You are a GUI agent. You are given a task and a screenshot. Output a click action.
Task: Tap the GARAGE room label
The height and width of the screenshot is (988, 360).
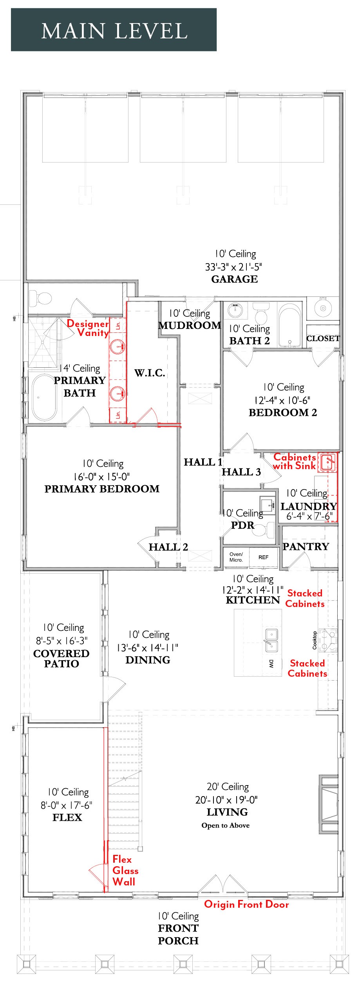(x=235, y=279)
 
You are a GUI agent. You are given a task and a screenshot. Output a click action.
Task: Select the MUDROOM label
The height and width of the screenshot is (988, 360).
(x=190, y=325)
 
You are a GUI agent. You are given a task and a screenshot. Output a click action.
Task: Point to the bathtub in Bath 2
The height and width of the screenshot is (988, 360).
(x=290, y=325)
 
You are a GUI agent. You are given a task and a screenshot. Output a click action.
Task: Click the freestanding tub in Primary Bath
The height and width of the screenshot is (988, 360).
(x=44, y=397)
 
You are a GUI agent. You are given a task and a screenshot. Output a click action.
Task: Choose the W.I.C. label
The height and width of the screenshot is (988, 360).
(x=150, y=373)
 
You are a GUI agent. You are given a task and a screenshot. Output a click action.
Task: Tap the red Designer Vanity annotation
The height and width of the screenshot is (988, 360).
(x=88, y=328)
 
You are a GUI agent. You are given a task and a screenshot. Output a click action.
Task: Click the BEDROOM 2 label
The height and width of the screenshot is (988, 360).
(x=283, y=412)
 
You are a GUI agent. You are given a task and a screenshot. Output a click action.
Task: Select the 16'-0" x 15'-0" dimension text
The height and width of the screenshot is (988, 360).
(x=101, y=477)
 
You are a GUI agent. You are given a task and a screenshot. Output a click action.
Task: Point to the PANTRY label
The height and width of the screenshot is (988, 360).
(x=306, y=546)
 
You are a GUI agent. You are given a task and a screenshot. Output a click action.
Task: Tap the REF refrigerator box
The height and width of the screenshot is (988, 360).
(x=264, y=557)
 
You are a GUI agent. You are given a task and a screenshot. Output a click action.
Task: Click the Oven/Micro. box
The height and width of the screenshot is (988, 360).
(x=236, y=557)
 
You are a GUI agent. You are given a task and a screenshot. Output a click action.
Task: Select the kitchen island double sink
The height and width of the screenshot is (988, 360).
(x=272, y=640)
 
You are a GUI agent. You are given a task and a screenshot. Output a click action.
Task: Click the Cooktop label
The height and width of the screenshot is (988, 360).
(x=314, y=640)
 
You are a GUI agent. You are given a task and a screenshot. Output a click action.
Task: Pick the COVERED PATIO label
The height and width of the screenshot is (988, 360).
(x=62, y=659)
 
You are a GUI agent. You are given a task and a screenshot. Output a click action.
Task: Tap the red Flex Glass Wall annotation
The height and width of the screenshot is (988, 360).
(x=125, y=871)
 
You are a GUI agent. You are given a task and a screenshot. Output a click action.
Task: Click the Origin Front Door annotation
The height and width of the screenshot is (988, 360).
(x=246, y=904)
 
